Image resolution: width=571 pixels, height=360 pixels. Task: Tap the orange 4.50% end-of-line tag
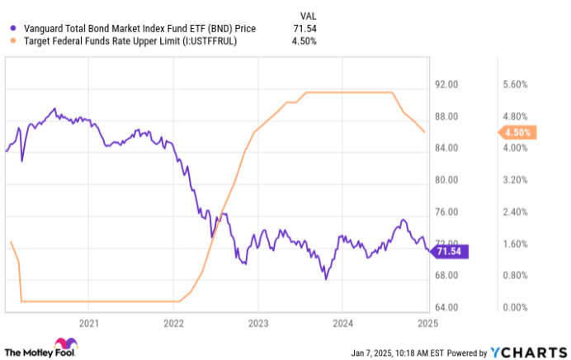point(518,132)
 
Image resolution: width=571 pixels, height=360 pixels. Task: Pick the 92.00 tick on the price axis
point(446,84)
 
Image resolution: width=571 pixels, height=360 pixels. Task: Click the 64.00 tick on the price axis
point(446,307)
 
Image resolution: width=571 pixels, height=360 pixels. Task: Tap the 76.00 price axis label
point(446,211)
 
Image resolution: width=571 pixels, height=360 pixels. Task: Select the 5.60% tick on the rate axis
point(513,84)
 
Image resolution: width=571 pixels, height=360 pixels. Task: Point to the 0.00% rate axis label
point(513,307)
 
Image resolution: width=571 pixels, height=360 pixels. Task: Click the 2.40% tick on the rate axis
point(513,211)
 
